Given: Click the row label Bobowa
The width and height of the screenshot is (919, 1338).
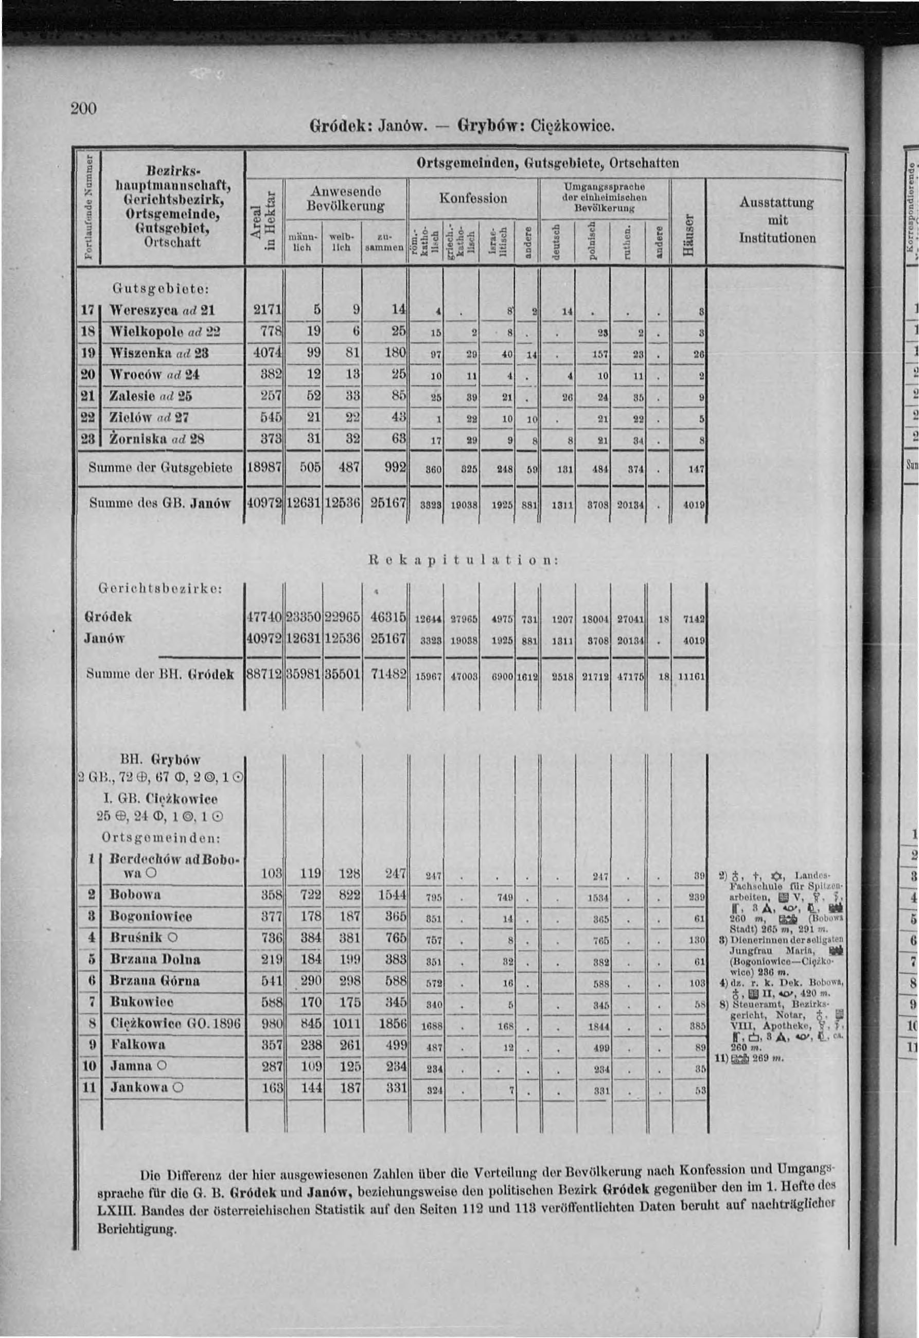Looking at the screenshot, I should click(x=136, y=895).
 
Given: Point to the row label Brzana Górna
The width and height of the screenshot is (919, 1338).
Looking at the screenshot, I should click(x=155, y=981).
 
